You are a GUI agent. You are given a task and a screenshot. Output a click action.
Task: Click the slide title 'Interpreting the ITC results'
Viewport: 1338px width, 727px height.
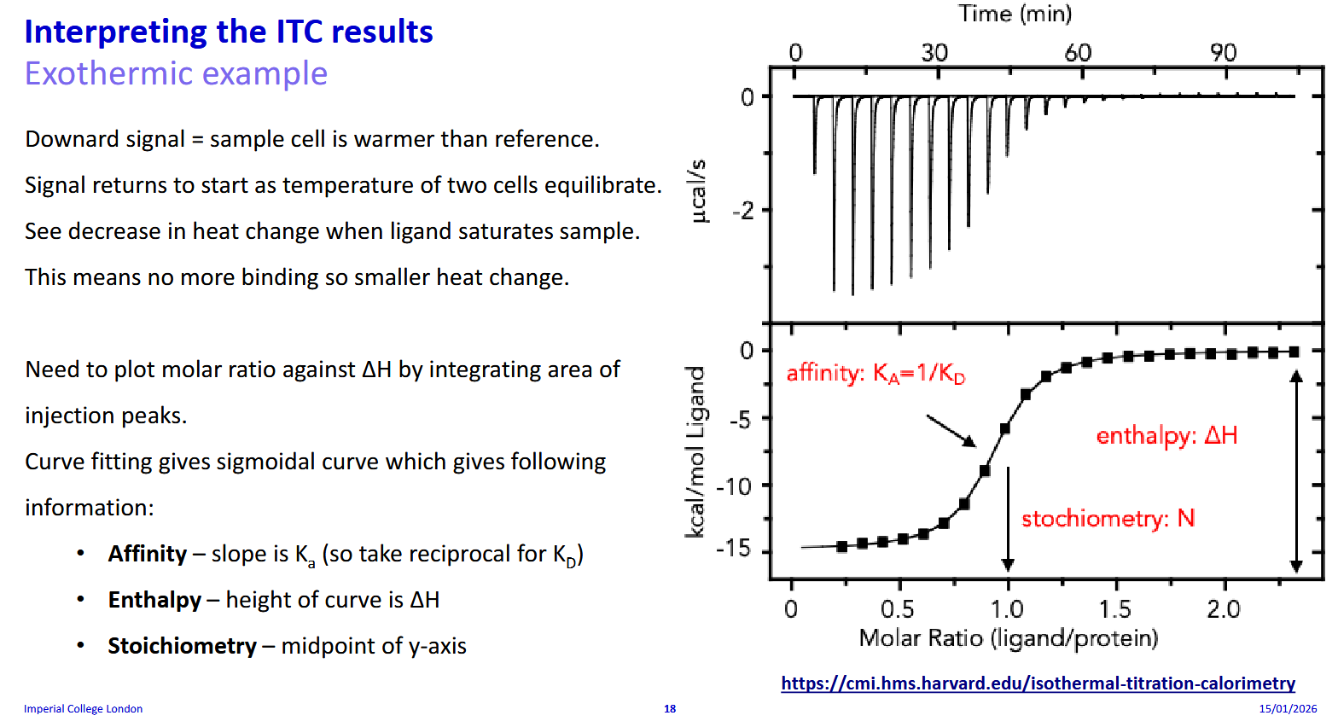pyautogui.click(x=229, y=32)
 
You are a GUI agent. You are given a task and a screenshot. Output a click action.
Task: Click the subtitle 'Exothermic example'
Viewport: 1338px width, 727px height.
pyautogui.click(x=176, y=73)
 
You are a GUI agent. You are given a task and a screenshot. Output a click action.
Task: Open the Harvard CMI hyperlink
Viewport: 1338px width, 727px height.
pyautogui.click(x=1038, y=683)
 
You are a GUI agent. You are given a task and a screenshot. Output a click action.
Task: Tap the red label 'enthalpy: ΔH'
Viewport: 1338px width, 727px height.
pyautogui.click(x=1166, y=436)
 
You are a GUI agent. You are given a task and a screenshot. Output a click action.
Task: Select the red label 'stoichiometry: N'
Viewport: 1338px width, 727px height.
pyautogui.click(x=1108, y=519)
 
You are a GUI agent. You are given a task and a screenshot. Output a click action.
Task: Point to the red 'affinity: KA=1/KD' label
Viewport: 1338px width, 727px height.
pyautogui.click(x=876, y=374)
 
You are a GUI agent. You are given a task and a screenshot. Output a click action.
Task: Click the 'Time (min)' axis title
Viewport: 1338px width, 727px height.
pyautogui.click(x=1015, y=14)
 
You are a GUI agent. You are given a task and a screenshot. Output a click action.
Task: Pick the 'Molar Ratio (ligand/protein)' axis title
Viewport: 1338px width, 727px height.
pyautogui.click(x=1008, y=638)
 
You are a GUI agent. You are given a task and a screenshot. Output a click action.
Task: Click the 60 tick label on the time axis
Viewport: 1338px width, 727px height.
pyautogui.click(x=1078, y=53)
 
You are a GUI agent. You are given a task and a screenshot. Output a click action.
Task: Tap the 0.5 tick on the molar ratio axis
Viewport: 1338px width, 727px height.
pyautogui.click(x=897, y=609)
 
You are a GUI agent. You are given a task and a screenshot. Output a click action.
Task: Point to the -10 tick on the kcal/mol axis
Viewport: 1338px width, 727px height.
pyautogui.click(x=734, y=487)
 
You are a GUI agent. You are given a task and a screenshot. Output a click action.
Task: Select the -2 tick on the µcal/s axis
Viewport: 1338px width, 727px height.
pyautogui.click(x=743, y=211)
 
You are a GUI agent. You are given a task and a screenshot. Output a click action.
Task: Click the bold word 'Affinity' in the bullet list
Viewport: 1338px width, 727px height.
pyautogui.click(x=148, y=554)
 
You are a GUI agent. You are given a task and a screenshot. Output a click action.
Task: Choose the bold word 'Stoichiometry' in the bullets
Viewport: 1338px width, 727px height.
pyautogui.click(x=182, y=646)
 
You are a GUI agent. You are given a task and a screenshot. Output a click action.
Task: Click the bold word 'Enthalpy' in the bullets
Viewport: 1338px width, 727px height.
pyautogui.click(x=154, y=600)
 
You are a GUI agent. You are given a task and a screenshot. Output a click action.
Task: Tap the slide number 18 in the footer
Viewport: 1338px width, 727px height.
pyautogui.click(x=670, y=709)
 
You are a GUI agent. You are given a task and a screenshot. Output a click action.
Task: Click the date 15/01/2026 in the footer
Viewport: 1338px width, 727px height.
pyautogui.click(x=1288, y=709)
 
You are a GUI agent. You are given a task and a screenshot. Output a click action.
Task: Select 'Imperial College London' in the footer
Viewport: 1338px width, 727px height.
pyautogui.click(x=83, y=709)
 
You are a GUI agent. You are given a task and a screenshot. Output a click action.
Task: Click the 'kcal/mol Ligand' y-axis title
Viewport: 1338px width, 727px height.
pyautogui.click(x=695, y=452)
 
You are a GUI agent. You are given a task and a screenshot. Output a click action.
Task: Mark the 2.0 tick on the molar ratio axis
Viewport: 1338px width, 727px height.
pyautogui.click(x=1224, y=609)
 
